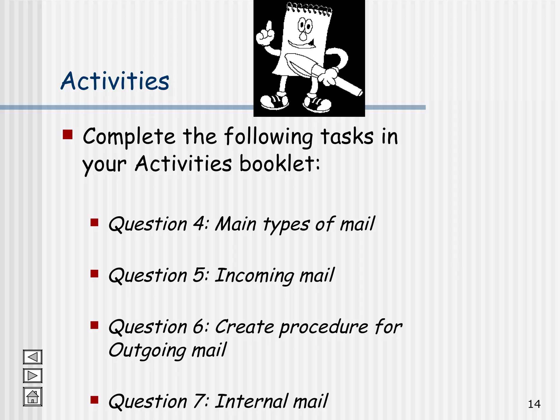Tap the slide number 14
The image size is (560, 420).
pos(534,404)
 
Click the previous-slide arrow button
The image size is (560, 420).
pos(33,357)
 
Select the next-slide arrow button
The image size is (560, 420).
pos(33,375)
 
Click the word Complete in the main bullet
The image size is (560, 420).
pos(129,137)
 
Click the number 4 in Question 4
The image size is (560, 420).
pos(199,224)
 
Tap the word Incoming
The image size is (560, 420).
pos(254,276)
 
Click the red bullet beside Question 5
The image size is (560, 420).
pos(94,274)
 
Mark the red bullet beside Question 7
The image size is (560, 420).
pos(94,400)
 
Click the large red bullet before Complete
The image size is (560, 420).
pos(68,135)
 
